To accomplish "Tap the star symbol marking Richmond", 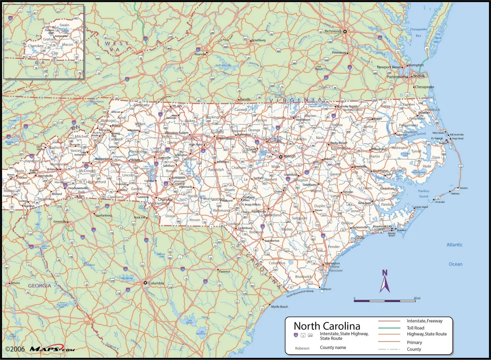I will pos(345,31).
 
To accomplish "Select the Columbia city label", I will pos(156,283).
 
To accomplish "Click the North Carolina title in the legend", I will pos(327,326).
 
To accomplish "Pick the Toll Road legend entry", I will pos(415,328).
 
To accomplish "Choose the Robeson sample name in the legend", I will pos(302,348).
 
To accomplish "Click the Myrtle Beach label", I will pos(279,307).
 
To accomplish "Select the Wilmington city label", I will pos(332,263).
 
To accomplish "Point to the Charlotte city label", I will pos(166,199).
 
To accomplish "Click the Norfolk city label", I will pos(419,76).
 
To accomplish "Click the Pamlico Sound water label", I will pos(423,193).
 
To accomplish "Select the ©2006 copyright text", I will pos(15,349).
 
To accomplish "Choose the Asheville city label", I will pos(53,169).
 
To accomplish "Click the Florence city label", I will pos(225,272).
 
